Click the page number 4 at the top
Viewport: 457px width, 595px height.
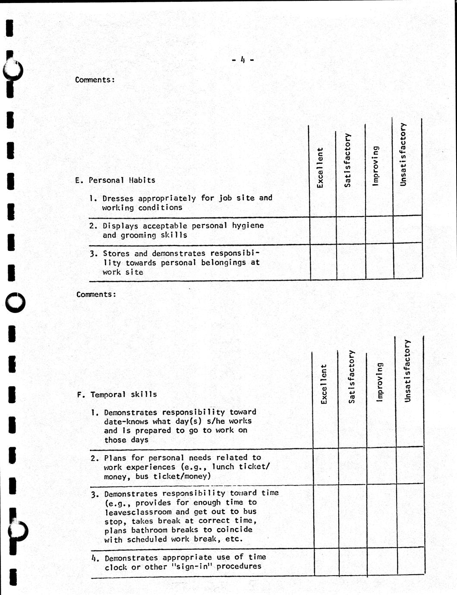[243, 60]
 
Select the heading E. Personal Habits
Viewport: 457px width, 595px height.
[115, 180]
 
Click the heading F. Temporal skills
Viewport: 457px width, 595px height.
[117, 395]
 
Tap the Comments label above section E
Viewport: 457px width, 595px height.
[95, 80]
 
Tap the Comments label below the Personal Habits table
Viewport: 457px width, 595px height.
[96, 294]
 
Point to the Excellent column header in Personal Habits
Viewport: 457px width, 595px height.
[320, 168]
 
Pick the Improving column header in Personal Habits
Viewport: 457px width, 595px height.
[376, 166]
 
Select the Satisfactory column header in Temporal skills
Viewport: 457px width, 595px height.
[352, 376]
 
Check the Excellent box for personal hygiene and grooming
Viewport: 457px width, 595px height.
[323, 231]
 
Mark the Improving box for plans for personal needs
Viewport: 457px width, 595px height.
[381, 467]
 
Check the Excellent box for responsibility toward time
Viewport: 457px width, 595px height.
[326, 517]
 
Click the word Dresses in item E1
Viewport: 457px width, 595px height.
[118, 198]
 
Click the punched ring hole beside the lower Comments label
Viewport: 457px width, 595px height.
[16, 303]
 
